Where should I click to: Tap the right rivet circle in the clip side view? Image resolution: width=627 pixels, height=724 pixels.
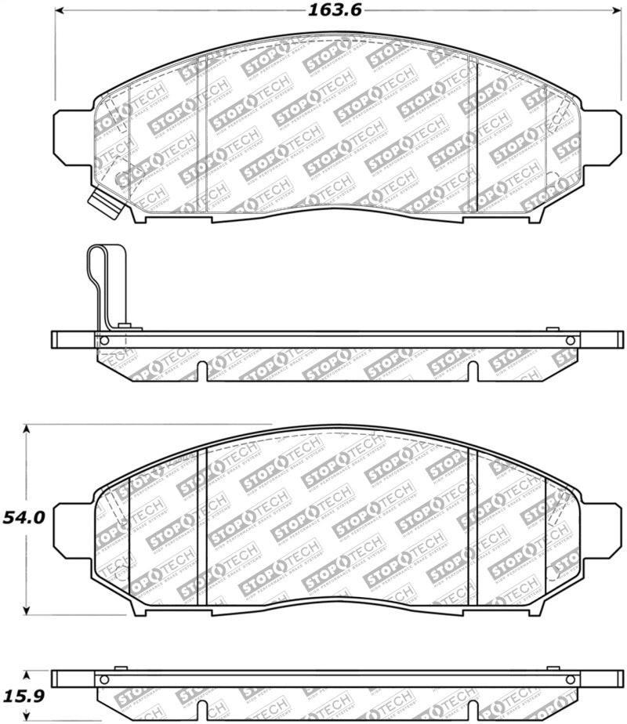tap(571, 340)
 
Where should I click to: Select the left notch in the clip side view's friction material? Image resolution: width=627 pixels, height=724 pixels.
tap(202, 371)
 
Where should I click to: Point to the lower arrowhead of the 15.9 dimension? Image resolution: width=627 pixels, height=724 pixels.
tap(27, 718)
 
